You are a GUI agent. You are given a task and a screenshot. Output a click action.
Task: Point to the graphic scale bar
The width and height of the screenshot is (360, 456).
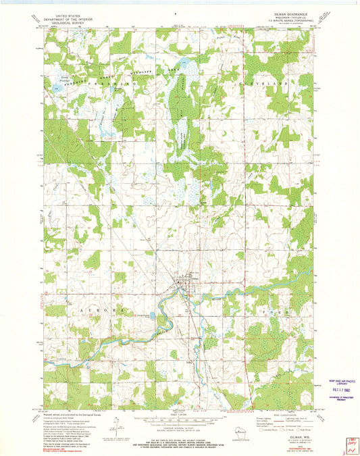pyautogui.click(x=178, y=417)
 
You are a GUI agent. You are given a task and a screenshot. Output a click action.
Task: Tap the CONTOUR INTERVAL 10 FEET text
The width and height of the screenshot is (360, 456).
pyautogui.click(x=178, y=426)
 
